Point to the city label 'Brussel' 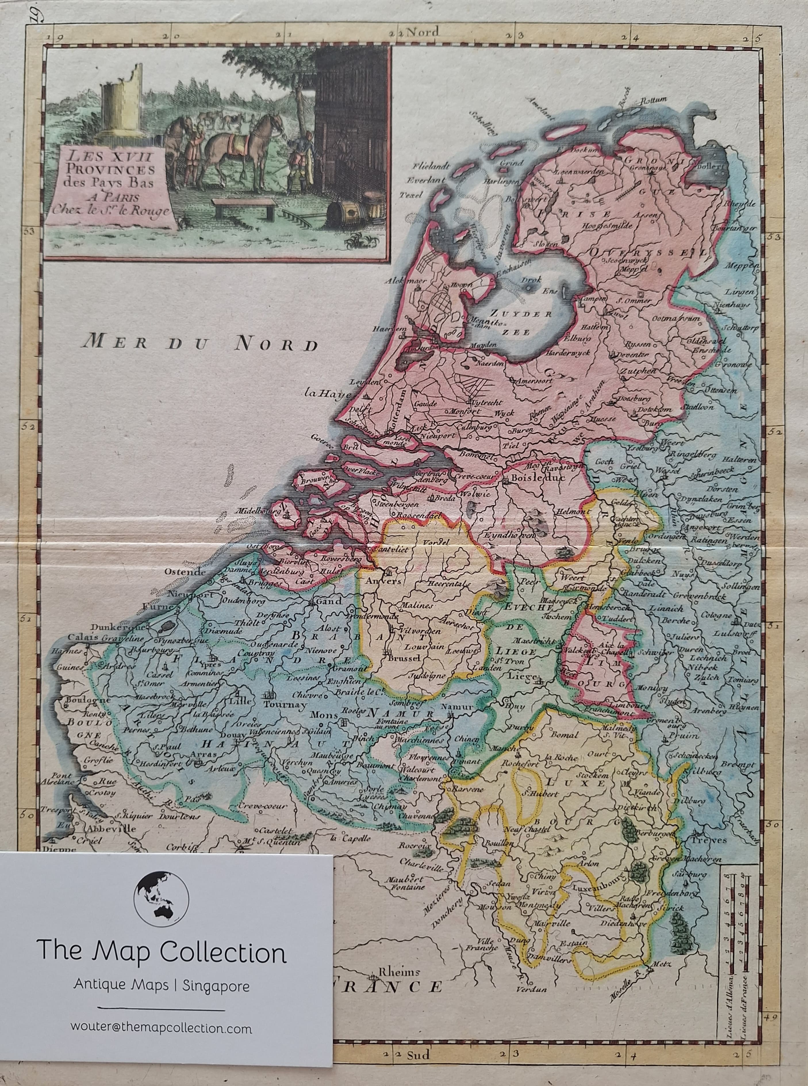tap(404, 659)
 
